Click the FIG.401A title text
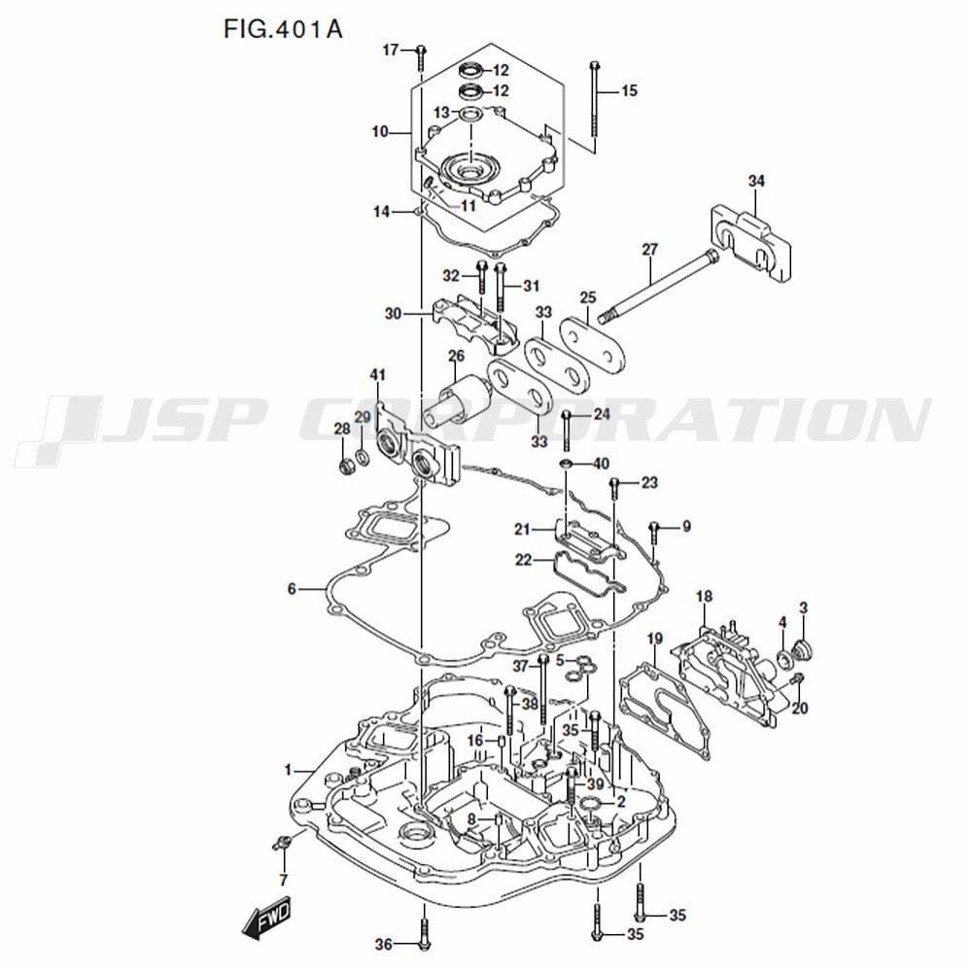click(283, 27)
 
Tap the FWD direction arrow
click(265, 920)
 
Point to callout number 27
click(650, 250)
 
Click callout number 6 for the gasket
click(291, 589)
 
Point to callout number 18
click(704, 596)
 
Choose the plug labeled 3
click(803, 648)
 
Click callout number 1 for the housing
click(288, 771)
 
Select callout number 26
click(456, 356)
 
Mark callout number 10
click(379, 131)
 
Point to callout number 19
click(654, 639)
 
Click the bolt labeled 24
click(566, 428)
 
